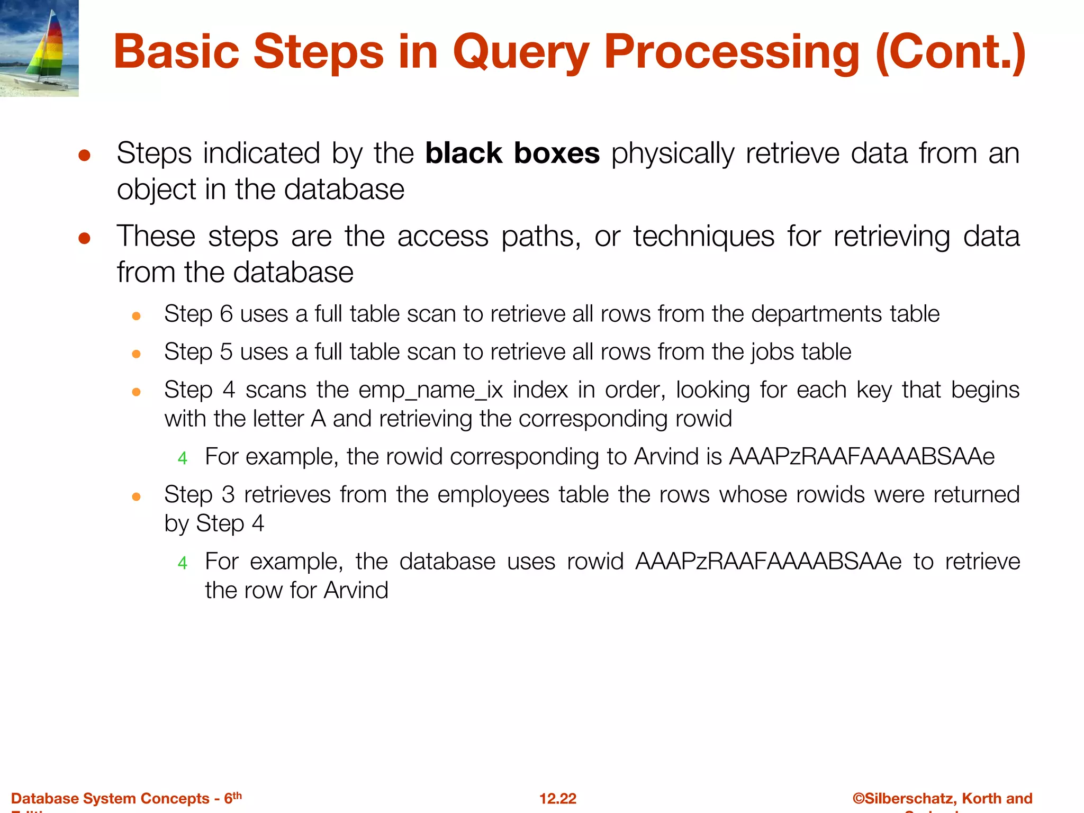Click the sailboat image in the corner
pos(39,48)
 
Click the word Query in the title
pos(521,53)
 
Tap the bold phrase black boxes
pos(512,153)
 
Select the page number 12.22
pos(557,798)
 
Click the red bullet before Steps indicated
pos(84,156)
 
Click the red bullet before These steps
pos(84,238)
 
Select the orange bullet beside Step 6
pos(136,317)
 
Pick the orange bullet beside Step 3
pos(136,497)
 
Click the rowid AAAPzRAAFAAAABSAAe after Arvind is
pos(862,457)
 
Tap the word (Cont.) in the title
pos(950,53)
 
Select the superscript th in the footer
pos(237,795)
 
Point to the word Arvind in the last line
pos(356,590)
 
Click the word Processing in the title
pos(732,53)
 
